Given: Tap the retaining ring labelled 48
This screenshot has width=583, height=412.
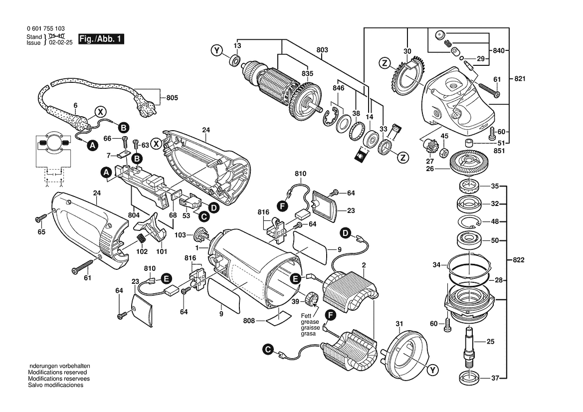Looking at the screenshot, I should tap(469, 221).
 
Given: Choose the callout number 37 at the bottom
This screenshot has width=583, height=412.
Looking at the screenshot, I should tap(494, 378).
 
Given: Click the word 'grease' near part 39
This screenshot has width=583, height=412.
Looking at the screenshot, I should tap(309, 322).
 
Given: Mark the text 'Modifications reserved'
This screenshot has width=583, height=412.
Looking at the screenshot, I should tap(57, 373).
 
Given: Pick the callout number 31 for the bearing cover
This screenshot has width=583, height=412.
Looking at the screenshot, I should tap(398, 324).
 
